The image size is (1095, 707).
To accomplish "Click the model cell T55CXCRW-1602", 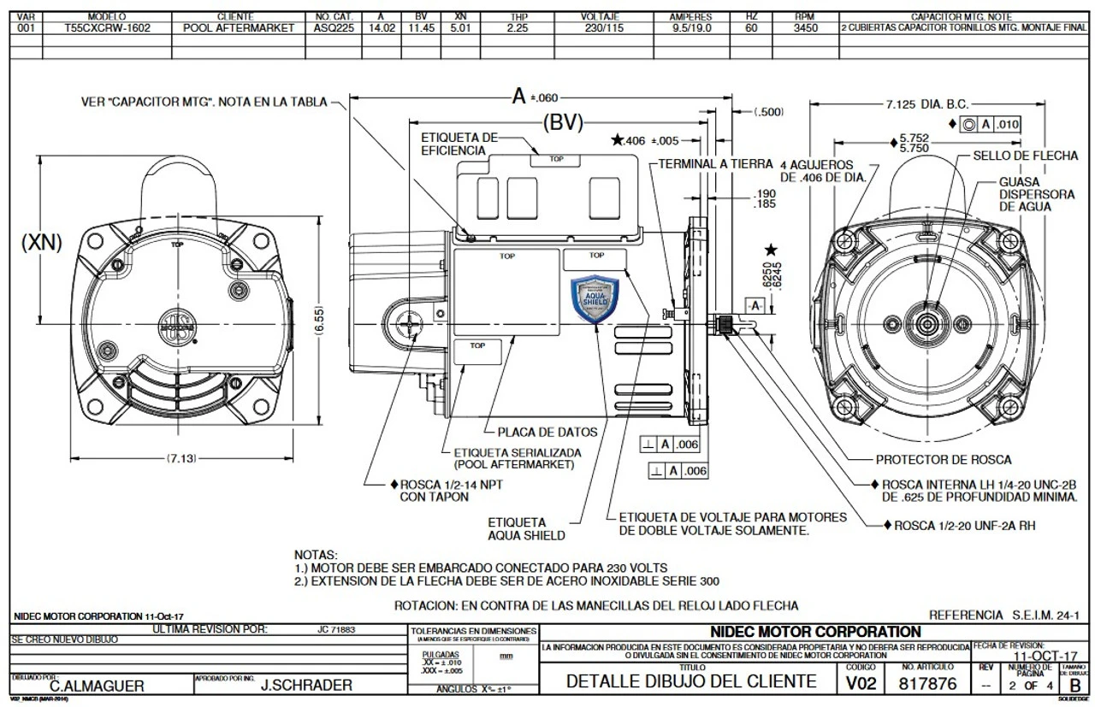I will click(x=107, y=27).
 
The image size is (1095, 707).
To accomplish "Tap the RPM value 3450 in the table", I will click(x=805, y=27).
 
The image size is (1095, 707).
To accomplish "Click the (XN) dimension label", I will click(x=41, y=243).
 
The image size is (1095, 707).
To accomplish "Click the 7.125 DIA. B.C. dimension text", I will click(x=928, y=104).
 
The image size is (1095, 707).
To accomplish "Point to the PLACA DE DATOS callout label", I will click(x=547, y=432).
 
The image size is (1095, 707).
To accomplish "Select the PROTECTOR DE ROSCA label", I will click(x=943, y=460).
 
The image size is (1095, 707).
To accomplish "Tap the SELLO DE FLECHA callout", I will click(x=1015, y=156).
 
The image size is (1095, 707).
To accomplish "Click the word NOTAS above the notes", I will click(x=316, y=555).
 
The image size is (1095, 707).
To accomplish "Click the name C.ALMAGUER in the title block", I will click(x=97, y=686).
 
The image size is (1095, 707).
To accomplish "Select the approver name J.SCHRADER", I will click(x=305, y=686).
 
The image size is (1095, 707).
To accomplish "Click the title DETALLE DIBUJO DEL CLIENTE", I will click(x=691, y=682).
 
